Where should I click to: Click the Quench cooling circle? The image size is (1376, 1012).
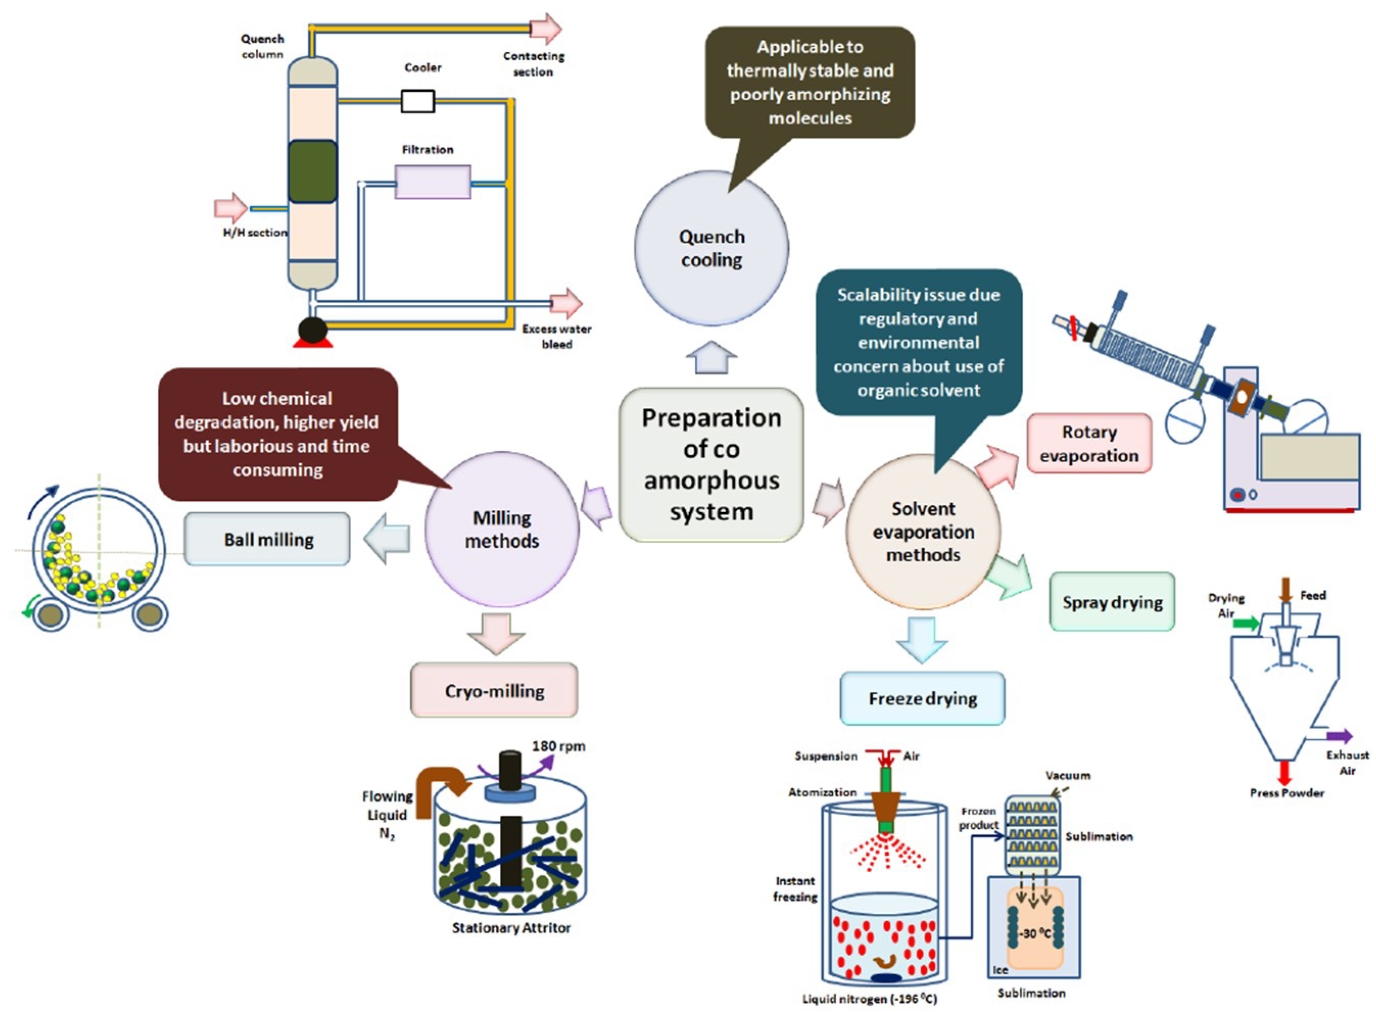point(711,248)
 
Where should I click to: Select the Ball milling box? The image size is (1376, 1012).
point(268,540)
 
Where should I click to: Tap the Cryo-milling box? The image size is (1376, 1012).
point(494,690)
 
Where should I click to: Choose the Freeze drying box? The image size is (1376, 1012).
point(922,698)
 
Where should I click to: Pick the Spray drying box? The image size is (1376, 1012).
point(1112,602)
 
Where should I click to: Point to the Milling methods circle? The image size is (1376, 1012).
point(502,530)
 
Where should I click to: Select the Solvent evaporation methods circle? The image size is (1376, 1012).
point(923,532)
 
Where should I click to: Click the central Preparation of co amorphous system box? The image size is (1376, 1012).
point(711,464)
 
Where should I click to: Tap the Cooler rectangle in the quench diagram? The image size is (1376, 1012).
point(418,101)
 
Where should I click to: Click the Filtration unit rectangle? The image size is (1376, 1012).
point(432,182)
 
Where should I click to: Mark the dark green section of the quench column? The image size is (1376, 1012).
point(312,172)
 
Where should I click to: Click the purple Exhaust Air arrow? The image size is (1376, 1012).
point(1339,736)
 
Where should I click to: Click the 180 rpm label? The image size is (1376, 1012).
point(558,746)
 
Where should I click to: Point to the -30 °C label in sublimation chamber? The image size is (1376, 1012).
point(1035,933)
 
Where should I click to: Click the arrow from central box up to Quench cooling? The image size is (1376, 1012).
point(711,358)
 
